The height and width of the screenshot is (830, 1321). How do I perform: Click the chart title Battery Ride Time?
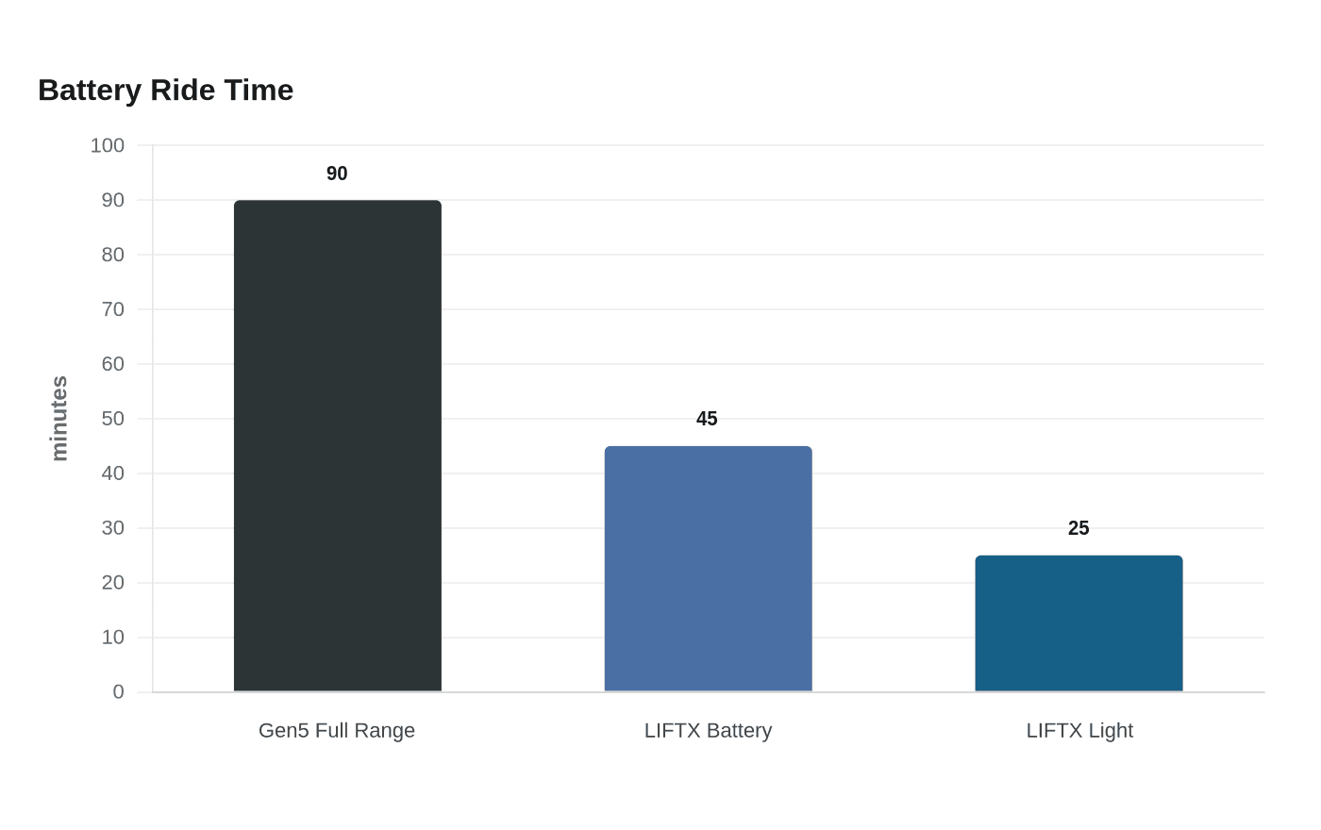click(x=166, y=91)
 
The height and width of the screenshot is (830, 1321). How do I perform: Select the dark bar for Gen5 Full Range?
click(x=338, y=445)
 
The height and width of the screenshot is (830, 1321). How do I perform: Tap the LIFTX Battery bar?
click(x=709, y=569)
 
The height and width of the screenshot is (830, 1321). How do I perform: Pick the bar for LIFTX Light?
click(x=1079, y=623)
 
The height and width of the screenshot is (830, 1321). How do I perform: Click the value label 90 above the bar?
click(x=337, y=174)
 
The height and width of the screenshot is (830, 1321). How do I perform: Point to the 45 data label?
click(x=707, y=419)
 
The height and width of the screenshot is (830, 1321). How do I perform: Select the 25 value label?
click(x=1079, y=528)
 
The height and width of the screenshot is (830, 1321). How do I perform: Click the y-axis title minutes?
click(x=59, y=418)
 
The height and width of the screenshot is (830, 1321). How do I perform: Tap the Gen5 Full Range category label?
click(x=337, y=731)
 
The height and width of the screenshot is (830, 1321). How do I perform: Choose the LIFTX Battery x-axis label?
click(x=708, y=731)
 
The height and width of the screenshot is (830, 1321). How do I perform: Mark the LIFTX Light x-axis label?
click(x=1079, y=731)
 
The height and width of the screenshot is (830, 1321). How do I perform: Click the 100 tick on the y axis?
click(x=108, y=145)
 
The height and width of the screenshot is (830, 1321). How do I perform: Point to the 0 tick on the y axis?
click(x=119, y=692)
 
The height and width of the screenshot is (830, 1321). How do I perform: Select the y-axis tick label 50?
click(x=112, y=419)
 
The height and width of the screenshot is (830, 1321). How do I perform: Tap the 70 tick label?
click(x=112, y=309)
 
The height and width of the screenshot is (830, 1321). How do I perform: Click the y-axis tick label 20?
click(x=112, y=583)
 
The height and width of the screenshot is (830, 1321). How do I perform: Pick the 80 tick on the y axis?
click(x=112, y=255)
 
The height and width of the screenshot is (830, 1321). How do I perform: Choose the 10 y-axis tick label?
click(x=112, y=638)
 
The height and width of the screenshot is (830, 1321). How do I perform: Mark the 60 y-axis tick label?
click(x=112, y=364)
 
